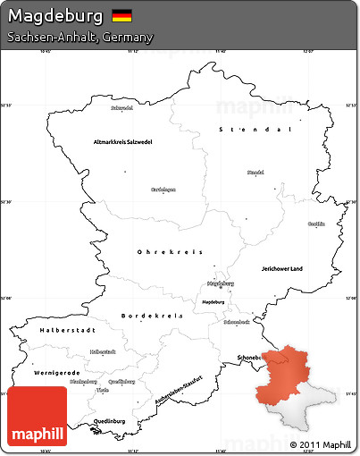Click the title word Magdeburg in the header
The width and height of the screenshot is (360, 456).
click(x=55, y=16)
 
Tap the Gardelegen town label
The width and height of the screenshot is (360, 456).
click(x=163, y=189)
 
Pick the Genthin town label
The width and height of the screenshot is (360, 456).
click(x=316, y=224)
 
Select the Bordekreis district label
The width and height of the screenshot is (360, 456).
click(x=152, y=316)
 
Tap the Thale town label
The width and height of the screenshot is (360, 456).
click(x=104, y=390)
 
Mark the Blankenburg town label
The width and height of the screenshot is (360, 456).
click(x=83, y=382)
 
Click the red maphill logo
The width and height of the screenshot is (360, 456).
click(x=36, y=417)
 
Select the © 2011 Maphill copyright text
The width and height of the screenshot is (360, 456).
click(x=320, y=444)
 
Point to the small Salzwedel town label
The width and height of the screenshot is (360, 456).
click(x=121, y=108)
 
